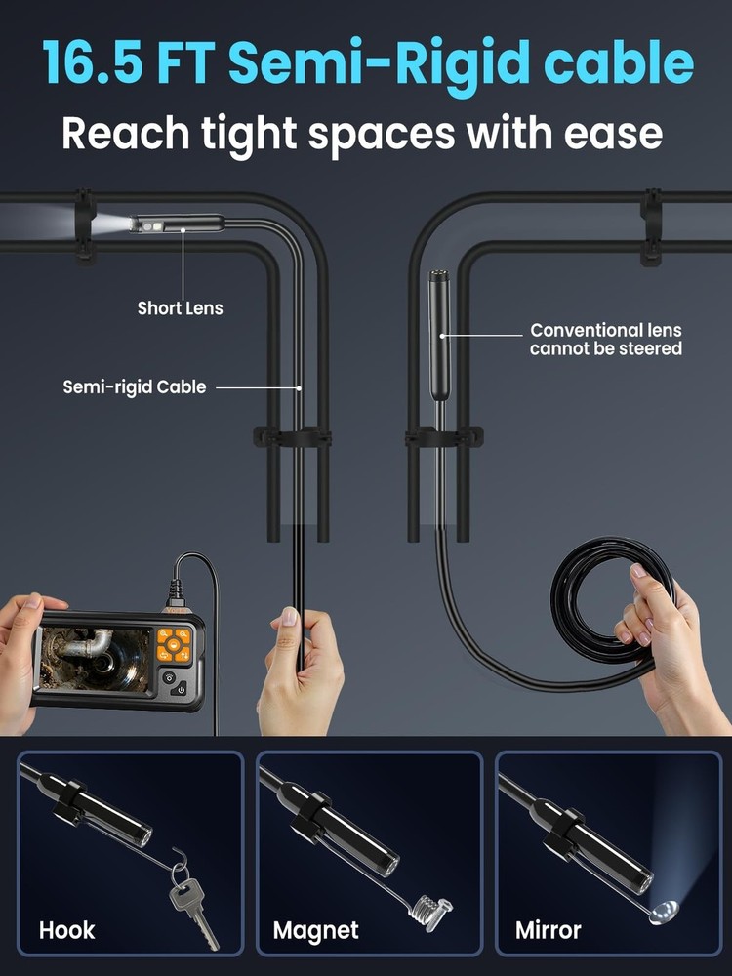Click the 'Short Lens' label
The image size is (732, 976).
[180, 308]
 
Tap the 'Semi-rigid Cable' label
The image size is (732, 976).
[135, 387]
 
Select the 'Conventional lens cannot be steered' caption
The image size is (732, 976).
[605, 340]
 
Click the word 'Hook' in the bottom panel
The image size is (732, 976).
[67, 930]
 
